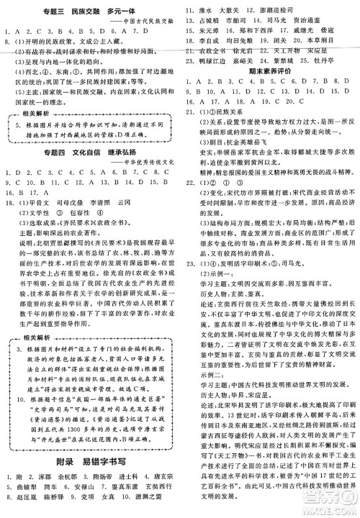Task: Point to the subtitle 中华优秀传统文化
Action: (140, 167)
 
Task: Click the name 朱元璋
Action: (209, 32)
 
